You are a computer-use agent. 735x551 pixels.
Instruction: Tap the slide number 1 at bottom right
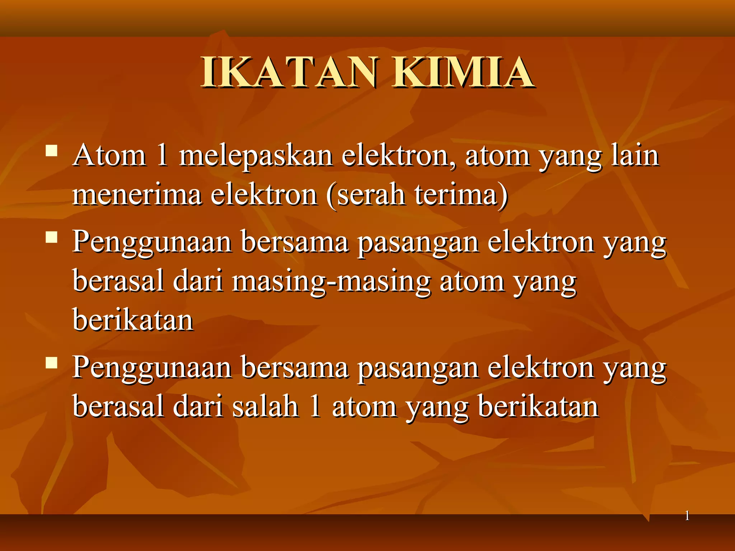coord(687,516)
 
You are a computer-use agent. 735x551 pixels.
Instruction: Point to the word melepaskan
coord(256,157)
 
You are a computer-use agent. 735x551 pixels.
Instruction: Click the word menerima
coord(137,196)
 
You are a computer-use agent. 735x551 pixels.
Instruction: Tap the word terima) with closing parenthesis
coord(461,196)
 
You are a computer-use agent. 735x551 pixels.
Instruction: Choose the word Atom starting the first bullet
coord(109,156)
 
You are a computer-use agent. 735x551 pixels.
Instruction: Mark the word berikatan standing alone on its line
coord(133,320)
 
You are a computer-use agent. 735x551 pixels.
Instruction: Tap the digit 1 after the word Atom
coord(162,156)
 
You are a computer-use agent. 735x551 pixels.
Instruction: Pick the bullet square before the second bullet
coord(52,237)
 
